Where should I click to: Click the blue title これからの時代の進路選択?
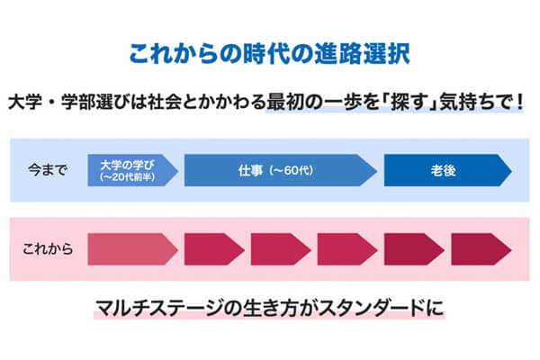click(270, 51)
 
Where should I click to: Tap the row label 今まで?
click(48, 169)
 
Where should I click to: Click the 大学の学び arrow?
click(130, 169)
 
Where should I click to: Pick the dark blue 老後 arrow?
click(445, 169)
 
